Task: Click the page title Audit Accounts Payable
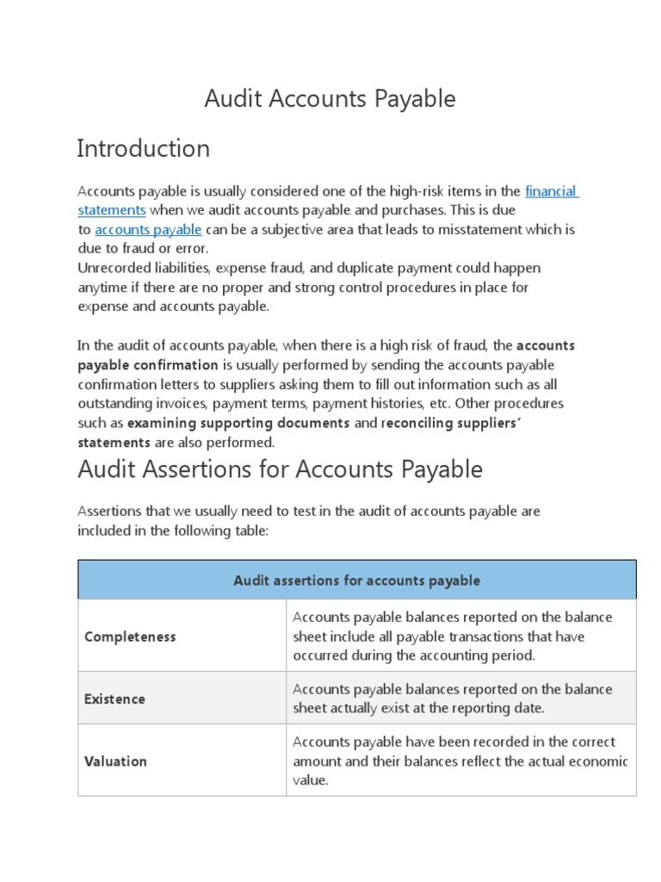330,99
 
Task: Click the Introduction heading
143,149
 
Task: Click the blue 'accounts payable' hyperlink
148,230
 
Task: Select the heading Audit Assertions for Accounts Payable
280,469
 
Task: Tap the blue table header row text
356,581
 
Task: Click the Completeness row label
130,637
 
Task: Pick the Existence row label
114,699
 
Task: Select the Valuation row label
115,761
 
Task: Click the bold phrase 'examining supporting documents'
238,423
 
